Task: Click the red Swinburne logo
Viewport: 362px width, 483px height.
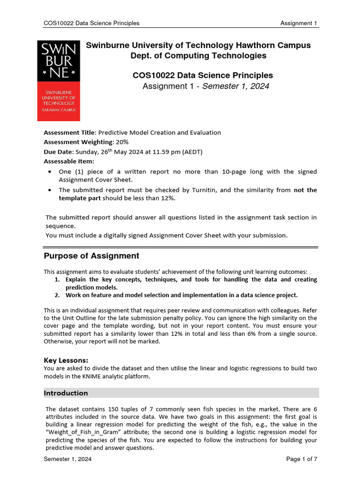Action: pos(58,80)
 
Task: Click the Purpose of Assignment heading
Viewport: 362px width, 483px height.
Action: pos(91,256)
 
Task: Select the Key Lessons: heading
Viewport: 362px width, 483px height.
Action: pos(66,360)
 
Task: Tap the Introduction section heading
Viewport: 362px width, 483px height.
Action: pos(66,393)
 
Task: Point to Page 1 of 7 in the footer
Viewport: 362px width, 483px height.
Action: pos(302,459)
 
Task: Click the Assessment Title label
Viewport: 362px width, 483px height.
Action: pos(70,133)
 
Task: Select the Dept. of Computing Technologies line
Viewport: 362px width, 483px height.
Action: pos(198,56)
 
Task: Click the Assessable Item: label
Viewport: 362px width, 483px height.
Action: pos(69,161)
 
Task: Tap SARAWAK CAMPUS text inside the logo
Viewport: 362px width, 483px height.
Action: pos(58,109)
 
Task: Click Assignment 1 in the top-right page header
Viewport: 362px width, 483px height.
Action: pos(299,23)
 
